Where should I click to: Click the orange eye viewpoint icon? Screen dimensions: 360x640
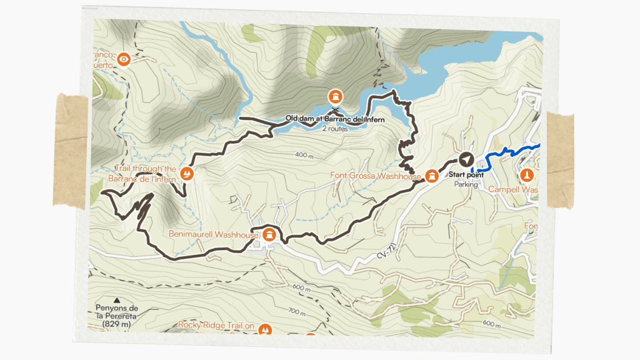(x=124, y=59)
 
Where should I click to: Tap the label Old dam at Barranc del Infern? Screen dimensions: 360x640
(x=334, y=118)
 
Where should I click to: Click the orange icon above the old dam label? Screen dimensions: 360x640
(x=336, y=96)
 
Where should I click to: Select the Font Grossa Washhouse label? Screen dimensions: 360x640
(x=376, y=176)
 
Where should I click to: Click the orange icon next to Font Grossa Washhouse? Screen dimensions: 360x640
(x=431, y=176)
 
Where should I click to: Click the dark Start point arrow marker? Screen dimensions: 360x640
(x=466, y=159)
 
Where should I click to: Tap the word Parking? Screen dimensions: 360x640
(x=466, y=184)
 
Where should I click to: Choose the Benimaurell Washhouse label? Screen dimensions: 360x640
(x=213, y=235)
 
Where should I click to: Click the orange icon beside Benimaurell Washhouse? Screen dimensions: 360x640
(x=269, y=235)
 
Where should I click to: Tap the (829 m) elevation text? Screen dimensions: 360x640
(x=117, y=324)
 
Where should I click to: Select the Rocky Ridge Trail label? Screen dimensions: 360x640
(x=216, y=325)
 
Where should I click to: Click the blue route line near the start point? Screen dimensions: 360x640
(x=506, y=152)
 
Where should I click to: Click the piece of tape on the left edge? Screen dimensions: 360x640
(x=69, y=150)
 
